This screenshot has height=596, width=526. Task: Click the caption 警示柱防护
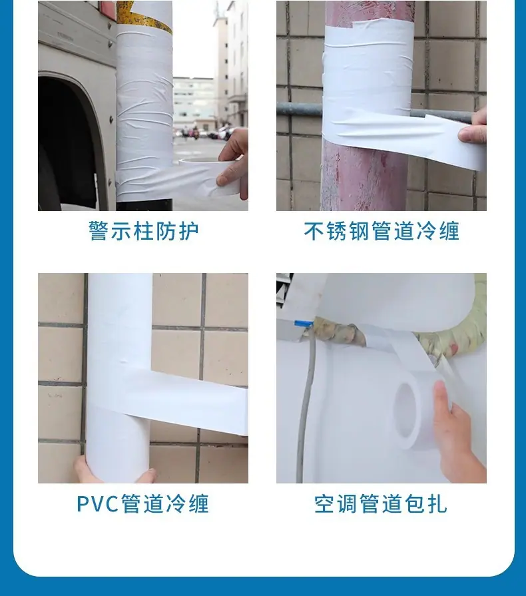pyautogui.click(x=143, y=230)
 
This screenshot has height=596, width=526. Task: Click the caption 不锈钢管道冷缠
pyautogui.click(x=382, y=230)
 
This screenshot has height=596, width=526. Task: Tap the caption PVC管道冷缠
pyautogui.click(x=143, y=503)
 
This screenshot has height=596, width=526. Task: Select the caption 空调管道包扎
pyautogui.click(x=382, y=503)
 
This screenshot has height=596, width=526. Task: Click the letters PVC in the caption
pyautogui.click(x=98, y=504)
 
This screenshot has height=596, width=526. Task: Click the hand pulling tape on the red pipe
pyautogui.click(x=473, y=127)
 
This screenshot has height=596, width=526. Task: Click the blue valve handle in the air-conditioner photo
pyautogui.click(x=304, y=324)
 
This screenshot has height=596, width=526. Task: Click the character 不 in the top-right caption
pyautogui.click(x=314, y=230)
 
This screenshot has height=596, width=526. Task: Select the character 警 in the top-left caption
pyautogui.click(x=99, y=230)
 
